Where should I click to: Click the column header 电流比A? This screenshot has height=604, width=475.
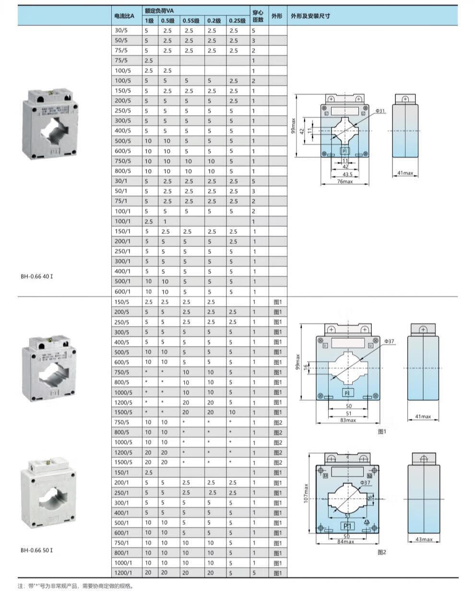click(x=124, y=16)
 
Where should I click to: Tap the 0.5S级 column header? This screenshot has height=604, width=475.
click(x=191, y=21)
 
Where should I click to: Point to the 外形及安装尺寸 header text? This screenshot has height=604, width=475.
click(x=310, y=16)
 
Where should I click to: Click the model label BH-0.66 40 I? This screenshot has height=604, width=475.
click(x=37, y=276)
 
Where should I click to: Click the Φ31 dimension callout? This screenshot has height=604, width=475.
click(x=380, y=111)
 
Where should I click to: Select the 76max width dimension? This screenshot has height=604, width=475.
click(x=345, y=181)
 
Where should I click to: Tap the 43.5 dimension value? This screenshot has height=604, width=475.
click(x=347, y=174)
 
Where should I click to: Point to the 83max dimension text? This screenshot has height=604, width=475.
click(x=348, y=420)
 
